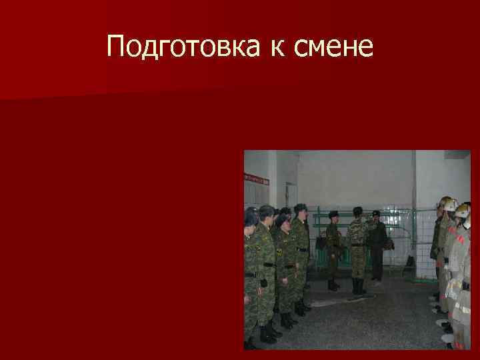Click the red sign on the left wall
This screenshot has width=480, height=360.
click(256, 178)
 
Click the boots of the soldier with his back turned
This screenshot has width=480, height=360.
click(357, 287)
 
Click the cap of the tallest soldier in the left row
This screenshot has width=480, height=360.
click(300, 208)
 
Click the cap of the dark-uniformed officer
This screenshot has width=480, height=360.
click(375, 213)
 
